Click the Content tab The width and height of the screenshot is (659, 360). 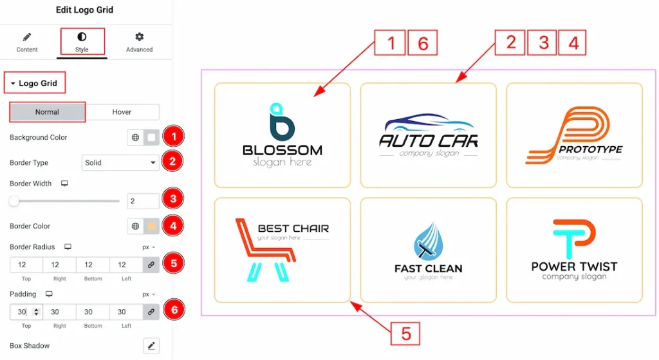(27, 42)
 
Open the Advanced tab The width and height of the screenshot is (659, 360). (139, 42)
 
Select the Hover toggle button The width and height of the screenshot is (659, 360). (122, 112)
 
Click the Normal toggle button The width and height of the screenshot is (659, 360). (47, 112)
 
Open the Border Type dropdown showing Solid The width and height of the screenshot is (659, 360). (121, 163)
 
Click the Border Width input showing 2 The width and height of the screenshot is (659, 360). (143, 202)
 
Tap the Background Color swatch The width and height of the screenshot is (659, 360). (151, 137)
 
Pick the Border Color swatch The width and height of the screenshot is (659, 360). (151, 226)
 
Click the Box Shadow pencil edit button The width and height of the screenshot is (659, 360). (151, 346)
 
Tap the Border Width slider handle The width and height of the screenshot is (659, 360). (14, 202)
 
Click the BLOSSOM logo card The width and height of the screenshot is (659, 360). (282, 134)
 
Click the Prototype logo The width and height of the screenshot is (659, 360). (574, 134)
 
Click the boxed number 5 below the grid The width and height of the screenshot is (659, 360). (405, 334)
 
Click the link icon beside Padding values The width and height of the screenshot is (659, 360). (151, 312)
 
